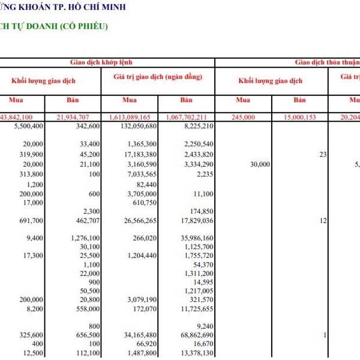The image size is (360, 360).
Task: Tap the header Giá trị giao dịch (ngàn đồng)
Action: [x=158, y=77]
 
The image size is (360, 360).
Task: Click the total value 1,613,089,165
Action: [x=133, y=117]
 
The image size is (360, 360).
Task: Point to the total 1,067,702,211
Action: [x=189, y=117]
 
